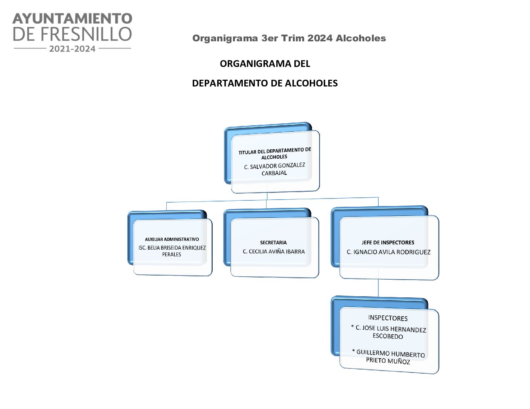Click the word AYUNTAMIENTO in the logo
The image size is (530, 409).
72,18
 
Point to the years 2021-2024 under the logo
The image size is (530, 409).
72,48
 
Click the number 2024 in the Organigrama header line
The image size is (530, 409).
320,38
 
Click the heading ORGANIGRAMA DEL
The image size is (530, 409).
265,64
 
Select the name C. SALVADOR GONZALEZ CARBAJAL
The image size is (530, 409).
274,169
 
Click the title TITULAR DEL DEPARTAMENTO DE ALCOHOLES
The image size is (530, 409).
274,153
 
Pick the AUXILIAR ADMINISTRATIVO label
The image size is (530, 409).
172,239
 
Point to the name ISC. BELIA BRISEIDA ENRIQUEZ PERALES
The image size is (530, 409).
172,251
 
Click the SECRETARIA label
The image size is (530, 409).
273,242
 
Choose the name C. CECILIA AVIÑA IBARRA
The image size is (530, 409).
274,251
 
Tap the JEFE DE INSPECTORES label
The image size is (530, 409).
388,242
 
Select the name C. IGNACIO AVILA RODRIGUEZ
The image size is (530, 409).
388,252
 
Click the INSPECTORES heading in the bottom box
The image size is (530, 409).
388,318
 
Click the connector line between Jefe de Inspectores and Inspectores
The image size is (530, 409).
378,288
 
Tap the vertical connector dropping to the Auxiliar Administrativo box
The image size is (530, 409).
167,206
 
